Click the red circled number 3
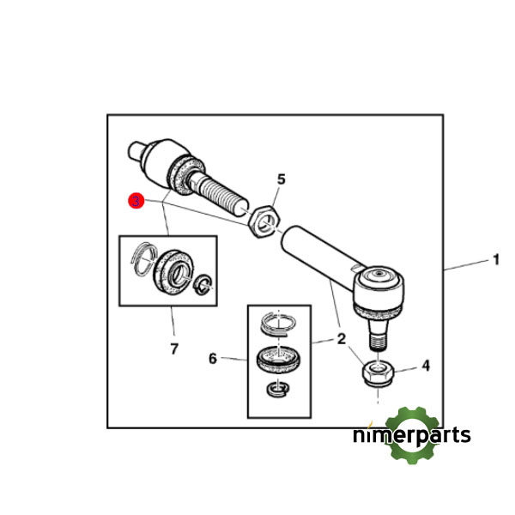(136, 201)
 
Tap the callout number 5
(282, 179)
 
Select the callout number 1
(496, 259)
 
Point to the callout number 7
(174, 348)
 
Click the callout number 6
(213, 358)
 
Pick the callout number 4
(426, 366)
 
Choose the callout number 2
(342, 339)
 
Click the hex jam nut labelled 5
(264, 221)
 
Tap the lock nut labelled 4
(378, 373)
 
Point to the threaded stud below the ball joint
(379, 335)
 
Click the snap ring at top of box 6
(278, 324)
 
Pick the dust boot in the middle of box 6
(278, 360)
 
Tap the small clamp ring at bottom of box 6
(278, 389)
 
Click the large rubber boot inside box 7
(173, 272)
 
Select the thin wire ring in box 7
(143, 257)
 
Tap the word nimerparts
(412, 436)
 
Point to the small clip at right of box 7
(203, 283)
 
